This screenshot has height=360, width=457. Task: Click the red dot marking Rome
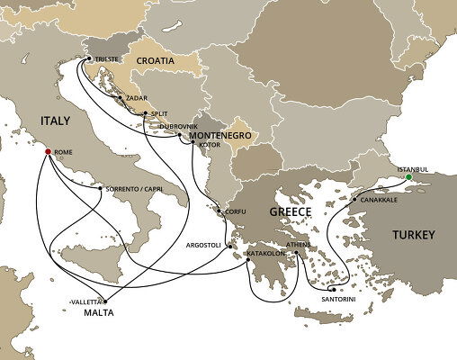click(x=49, y=151)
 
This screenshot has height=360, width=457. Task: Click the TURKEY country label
click(x=413, y=235)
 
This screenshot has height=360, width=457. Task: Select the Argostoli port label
click(x=205, y=245)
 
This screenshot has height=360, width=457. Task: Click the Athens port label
click(x=298, y=243)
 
